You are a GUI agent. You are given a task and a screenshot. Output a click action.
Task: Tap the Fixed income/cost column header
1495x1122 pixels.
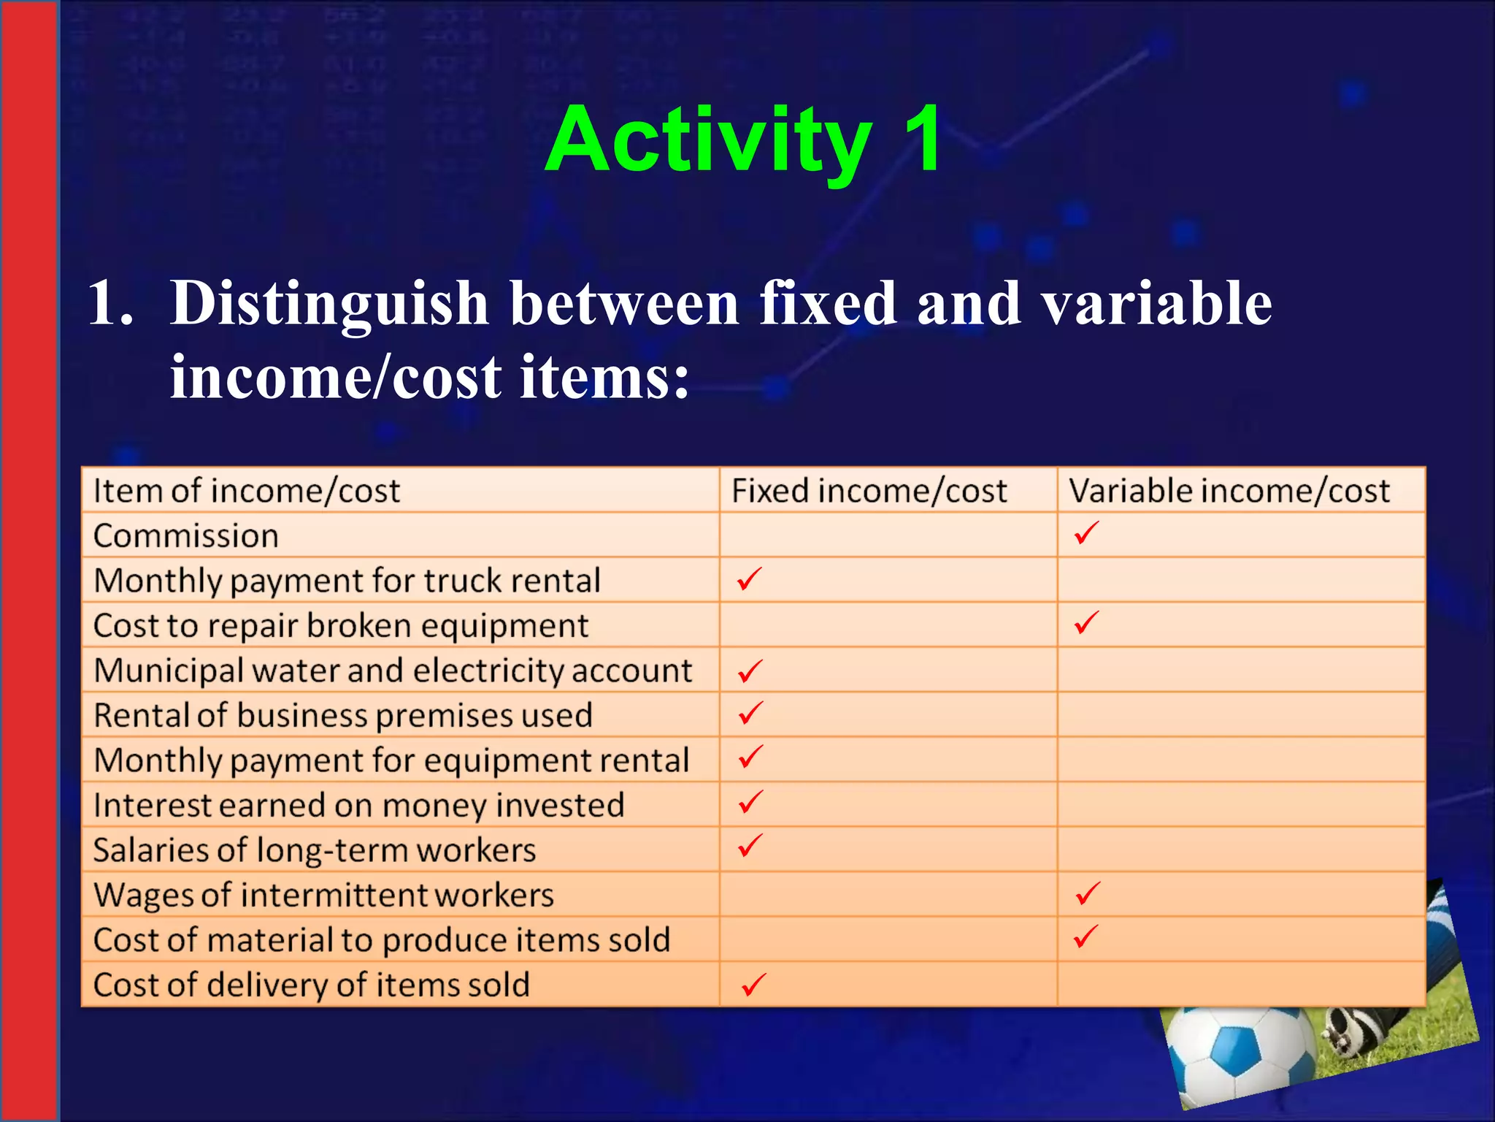(x=869, y=490)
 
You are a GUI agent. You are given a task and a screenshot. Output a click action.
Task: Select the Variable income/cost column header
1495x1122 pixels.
(x=1229, y=490)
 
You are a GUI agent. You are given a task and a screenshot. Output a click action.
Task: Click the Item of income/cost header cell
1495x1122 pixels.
(x=247, y=490)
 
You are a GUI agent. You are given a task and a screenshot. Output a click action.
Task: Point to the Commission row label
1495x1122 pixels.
(x=186, y=535)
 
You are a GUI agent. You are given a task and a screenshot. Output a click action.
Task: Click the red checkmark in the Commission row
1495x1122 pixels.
(x=1086, y=533)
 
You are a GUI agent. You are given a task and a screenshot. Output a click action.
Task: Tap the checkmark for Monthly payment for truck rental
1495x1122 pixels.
(x=749, y=579)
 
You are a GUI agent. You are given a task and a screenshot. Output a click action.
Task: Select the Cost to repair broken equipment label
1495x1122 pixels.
(x=341, y=625)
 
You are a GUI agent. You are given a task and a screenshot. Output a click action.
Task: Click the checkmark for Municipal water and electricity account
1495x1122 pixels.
(x=750, y=670)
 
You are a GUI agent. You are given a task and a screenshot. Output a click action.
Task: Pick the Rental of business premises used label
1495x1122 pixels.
(x=343, y=715)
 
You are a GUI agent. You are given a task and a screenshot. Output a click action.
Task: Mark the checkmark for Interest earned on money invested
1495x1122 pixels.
(x=750, y=802)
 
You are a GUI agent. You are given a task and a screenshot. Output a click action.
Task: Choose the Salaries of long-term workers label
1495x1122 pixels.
(x=315, y=850)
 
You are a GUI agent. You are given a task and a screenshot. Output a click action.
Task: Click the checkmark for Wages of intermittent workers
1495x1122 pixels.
(x=1087, y=893)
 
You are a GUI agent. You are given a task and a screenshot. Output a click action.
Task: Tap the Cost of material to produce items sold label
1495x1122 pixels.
(x=382, y=940)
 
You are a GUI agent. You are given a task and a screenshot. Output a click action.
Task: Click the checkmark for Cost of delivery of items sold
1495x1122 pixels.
(x=753, y=984)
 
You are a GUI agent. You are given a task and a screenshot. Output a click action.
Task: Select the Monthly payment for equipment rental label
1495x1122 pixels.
(x=391, y=760)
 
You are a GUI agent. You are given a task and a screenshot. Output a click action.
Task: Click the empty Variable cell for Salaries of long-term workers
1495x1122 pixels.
(x=1240, y=850)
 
